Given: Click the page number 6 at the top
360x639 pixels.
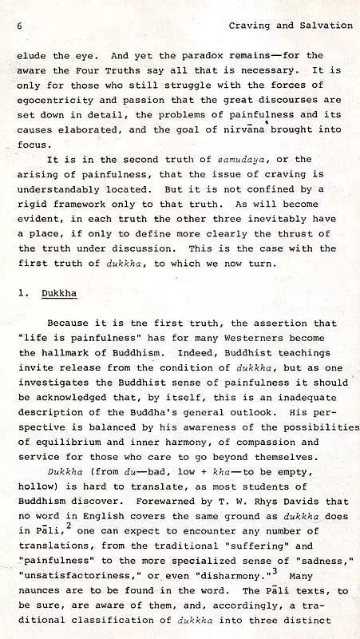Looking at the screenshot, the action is pyautogui.click(x=18, y=26).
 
